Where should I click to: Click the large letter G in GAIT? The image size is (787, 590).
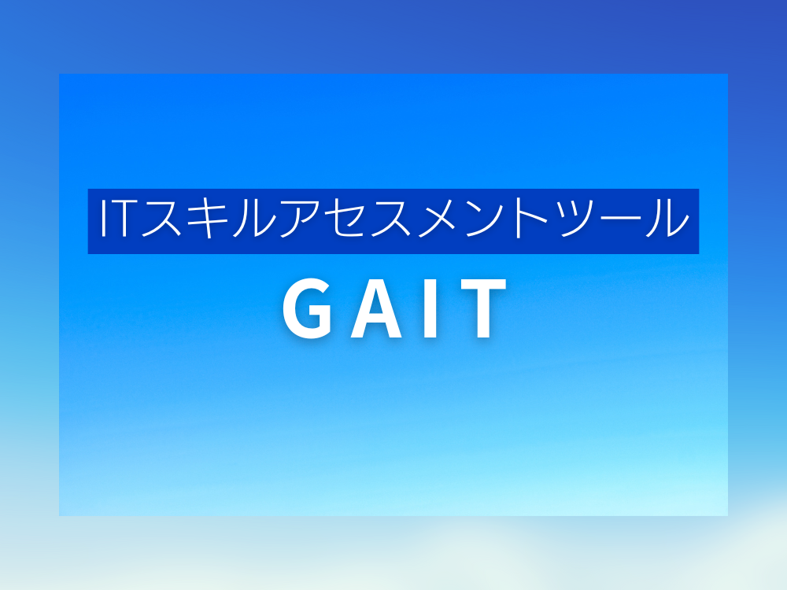pyautogui.click(x=307, y=308)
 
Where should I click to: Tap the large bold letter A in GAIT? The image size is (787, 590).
pyautogui.click(x=376, y=308)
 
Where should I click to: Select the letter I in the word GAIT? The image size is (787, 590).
pyautogui.click(x=431, y=308)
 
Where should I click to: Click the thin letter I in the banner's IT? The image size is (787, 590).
pyautogui.click(x=104, y=218)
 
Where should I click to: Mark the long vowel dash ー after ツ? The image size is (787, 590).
pyautogui.click(x=622, y=219)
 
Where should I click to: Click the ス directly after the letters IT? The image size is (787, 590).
pyautogui.click(x=161, y=218)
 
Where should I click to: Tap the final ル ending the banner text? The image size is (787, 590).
pyautogui.click(x=667, y=218)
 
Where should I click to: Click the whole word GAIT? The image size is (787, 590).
pyautogui.click(x=394, y=308)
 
